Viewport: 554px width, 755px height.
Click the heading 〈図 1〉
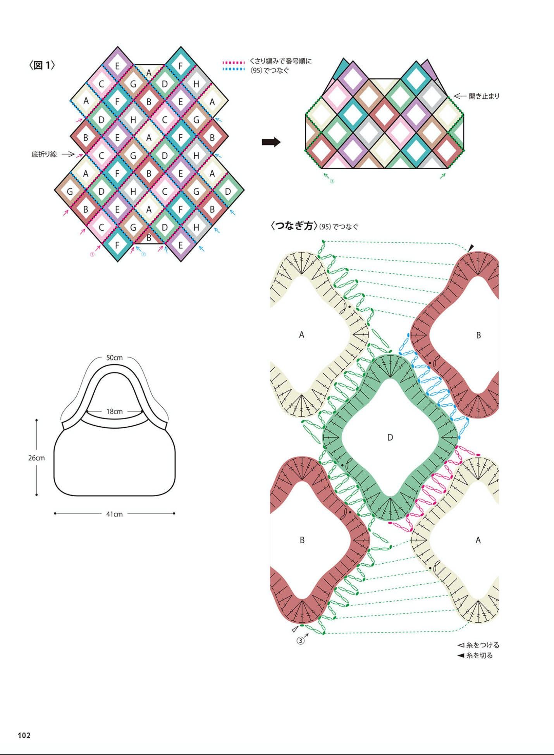(42, 65)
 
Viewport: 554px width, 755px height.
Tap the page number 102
(24, 735)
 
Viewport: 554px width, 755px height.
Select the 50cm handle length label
(114, 358)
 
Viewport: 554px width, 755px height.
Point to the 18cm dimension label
(114, 412)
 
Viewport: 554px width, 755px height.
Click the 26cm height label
(36, 458)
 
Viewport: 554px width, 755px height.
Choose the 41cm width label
(114, 514)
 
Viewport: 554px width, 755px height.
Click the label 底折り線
(44, 154)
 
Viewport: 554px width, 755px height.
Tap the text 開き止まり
(484, 96)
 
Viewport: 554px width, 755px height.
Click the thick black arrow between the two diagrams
(271, 142)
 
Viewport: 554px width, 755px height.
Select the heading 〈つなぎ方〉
(294, 226)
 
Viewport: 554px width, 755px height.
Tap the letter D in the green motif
(390, 438)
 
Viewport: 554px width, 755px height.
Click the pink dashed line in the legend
(234, 62)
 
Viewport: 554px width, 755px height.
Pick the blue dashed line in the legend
(234, 69)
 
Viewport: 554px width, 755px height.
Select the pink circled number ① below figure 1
(92, 255)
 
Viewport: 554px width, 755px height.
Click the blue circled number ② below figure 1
(143, 254)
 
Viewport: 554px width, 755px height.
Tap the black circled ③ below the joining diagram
(301, 641)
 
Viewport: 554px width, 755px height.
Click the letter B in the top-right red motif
(478, 335)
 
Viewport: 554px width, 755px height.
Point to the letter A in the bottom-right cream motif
(478, 540)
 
